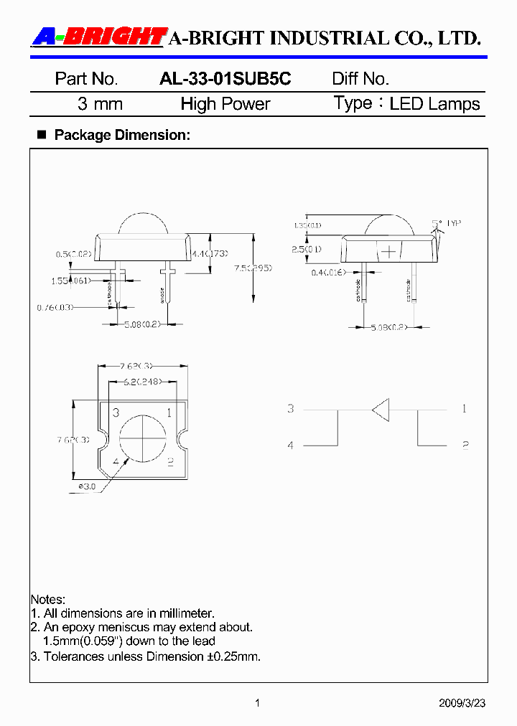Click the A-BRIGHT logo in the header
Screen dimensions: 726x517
point(99,37)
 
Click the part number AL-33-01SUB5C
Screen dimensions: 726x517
point(225,79)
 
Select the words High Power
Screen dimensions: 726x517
point(225,104)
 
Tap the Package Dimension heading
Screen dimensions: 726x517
point(122,135)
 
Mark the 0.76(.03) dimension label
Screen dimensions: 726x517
point(55,307)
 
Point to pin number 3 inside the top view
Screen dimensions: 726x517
point(116,412)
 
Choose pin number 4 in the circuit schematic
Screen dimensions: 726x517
point(291,445)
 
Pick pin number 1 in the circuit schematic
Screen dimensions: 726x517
point(465,409)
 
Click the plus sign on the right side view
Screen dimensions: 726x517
point(388,252)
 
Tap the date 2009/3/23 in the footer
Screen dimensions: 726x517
point(462,703)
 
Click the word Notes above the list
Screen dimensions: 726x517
point(47,599)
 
